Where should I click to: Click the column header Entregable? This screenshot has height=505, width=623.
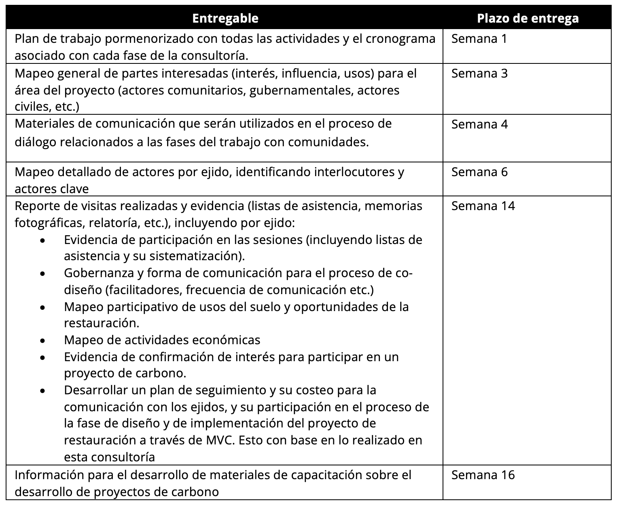225,18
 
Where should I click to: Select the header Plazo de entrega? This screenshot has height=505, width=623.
528,18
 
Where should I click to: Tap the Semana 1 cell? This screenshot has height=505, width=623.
479,39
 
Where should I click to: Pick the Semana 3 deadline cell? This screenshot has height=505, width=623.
479,74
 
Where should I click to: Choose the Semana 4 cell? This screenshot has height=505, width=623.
479,124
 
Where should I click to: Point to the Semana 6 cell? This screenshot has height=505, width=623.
479,172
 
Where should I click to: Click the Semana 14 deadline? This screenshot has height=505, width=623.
483,206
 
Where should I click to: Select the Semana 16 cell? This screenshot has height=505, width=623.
483,475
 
